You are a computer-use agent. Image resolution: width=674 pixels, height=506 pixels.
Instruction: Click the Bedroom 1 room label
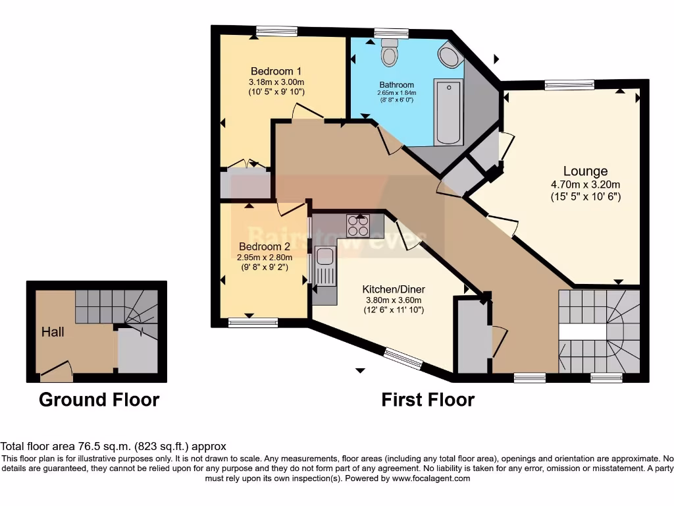[x=276, y=71]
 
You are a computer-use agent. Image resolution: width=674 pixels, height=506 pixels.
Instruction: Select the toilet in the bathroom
[x=390, y=53]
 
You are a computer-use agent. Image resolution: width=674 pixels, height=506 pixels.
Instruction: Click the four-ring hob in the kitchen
[x=359, y=226]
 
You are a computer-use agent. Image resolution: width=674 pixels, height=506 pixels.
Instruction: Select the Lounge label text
[x=585, y=172]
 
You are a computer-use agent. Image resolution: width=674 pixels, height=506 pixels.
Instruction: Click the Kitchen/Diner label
[x=394, y=289]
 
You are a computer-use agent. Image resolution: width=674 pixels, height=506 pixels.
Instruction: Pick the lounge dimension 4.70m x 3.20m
[x=585, y=184]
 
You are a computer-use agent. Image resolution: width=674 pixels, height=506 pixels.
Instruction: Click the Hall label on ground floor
[x=53, y=331]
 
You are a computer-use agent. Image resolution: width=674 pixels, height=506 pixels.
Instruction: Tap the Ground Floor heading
[x=99, y=400]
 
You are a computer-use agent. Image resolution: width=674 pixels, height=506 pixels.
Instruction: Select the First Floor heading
[x=428, y=400]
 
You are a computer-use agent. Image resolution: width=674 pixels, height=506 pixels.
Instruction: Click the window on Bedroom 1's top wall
[x=276, y=31]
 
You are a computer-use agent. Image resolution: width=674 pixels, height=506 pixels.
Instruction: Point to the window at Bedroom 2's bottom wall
[x=253, y=322]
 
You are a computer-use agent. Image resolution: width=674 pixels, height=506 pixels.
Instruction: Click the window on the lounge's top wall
[x=569, y=84]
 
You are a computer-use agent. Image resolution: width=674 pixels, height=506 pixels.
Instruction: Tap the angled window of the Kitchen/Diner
[x=403, y=359]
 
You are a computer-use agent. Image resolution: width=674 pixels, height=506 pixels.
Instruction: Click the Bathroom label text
[x=397, y=85]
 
